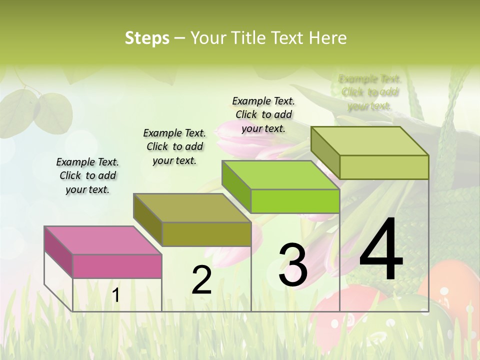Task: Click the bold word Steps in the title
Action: [x=147, y=38]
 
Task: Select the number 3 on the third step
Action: [x=293, y=265]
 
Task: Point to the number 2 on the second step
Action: [x=201, y=280]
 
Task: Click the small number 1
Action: [x=116, y=295]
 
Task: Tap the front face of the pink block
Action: [x=117, y=266]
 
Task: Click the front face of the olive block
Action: [x=206, y=234]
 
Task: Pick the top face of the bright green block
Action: [x=280, y=175]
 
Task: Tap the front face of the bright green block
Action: [x=295, y=201]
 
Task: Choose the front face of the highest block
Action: [x=384, y=167]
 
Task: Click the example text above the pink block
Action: [x=87, y=175]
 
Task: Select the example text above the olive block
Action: [x=174, y=146]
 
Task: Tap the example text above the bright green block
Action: [x=263, y=114]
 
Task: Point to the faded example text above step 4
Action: [x=369, y=92]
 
